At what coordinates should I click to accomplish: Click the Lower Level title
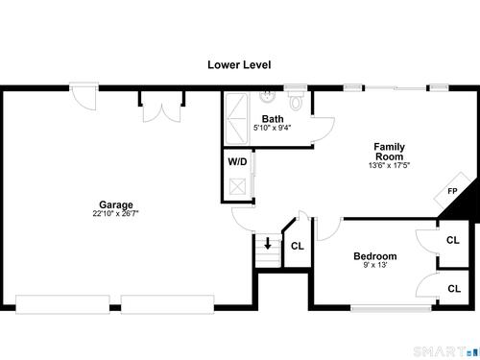[x=239, y=64]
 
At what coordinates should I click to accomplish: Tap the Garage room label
[x=116, y=205]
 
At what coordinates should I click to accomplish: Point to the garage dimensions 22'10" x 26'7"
[x=115, y=214]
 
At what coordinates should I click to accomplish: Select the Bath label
[x=273, y=119]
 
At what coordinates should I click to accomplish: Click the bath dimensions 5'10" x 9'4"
[x=273, y=128]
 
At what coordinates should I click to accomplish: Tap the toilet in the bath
[x=296, y=101]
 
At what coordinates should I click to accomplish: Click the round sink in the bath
[x=268, y=96]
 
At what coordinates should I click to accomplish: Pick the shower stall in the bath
[x=236, y=118]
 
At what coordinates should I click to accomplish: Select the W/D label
[x=237, y=161]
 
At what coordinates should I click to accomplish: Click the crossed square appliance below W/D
[x=237, y=186]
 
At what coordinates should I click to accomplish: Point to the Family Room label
[x=390, y=152]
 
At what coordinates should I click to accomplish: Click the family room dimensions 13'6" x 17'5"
[x=389, y=165]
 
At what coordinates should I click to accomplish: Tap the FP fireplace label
[x=452, y=191]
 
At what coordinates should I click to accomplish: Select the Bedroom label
[x=375, y=256]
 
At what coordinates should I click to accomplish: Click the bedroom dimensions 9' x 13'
[x=375, y=265]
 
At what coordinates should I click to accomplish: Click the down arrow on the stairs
[x=268, y=244]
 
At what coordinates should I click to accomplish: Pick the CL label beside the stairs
[x=298, y=246]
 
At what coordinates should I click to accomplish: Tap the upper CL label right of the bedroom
[x=453, y=240]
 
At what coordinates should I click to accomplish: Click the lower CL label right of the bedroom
[x=454, y=289]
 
